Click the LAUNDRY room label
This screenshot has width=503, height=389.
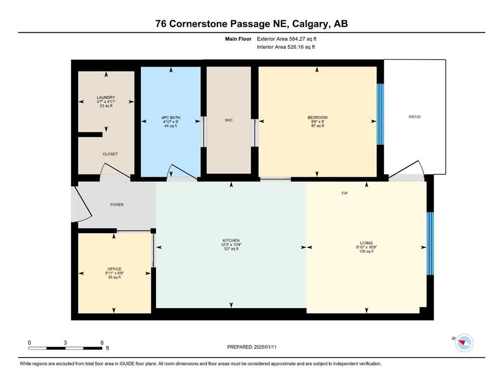point(106,97)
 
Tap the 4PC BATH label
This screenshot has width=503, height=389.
point(171,118)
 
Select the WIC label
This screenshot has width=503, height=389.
point(229,120)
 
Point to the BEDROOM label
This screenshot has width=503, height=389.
point(317,118)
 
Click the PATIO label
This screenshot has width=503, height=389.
point(414,117)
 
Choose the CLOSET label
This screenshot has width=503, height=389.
point(110,154)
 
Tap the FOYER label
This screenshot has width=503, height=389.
point(117,205)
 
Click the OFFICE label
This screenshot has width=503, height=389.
point(114,269)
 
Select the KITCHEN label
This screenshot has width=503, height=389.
point(231,241)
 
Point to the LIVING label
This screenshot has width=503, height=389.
point(366,243)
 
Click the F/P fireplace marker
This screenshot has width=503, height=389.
point(344,193)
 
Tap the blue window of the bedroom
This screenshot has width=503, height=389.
point(380,114)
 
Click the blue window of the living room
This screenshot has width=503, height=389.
point(430,244)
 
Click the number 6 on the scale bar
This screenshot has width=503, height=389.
point(102,342)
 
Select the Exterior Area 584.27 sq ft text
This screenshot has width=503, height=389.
point(287,39)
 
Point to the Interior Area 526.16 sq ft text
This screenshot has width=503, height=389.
point(286,47)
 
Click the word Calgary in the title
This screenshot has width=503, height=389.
point(310,24)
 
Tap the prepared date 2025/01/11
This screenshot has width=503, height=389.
point(265,347)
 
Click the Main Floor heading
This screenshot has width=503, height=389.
point(238,39)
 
